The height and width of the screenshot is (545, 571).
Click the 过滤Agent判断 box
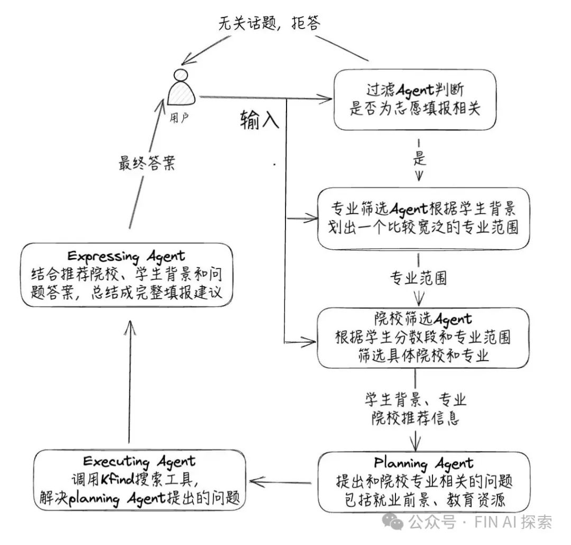point(415,99)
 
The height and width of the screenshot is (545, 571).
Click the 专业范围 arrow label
point(418,278)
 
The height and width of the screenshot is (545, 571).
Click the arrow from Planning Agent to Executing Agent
point(283,481)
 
